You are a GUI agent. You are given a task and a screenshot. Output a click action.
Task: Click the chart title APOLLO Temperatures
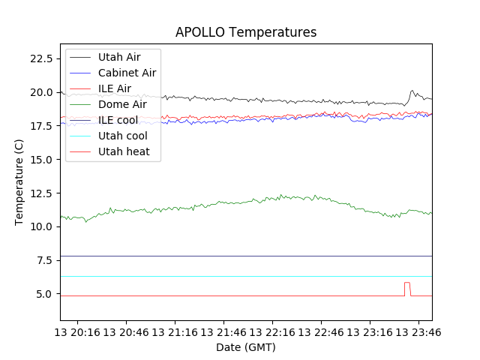(246, 32)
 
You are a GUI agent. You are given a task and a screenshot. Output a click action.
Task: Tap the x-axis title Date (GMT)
(246, 347)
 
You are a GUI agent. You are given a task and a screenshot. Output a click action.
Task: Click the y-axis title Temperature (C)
(19, 182)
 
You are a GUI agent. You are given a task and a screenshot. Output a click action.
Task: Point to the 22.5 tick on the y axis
(41, 58)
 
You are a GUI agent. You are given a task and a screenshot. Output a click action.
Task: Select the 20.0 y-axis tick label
(41, 92)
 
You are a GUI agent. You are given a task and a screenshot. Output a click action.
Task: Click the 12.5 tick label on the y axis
(41, 193)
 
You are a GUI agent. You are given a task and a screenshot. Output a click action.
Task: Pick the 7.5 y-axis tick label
(43, 260)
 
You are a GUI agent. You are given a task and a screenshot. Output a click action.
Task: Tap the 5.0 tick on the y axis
(43, 294)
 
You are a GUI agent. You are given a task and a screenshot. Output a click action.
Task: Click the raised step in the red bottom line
(407, 283)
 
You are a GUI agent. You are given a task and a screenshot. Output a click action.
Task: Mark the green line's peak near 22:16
(281, 196)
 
